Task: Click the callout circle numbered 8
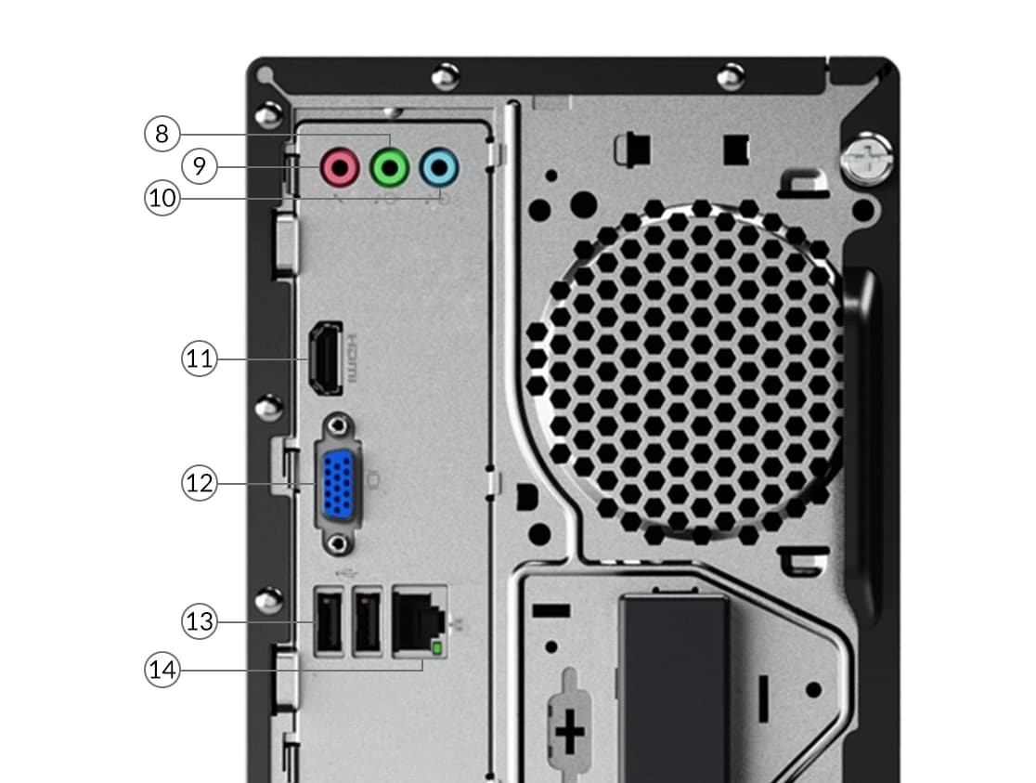pyautogui.click(x=162, y=134)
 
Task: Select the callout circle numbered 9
pyautogui.click(x=199, y=166)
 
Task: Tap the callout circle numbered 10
pyautogui.click(x=162, y=198)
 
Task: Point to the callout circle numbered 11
pyautogui.click(x=199, y=359)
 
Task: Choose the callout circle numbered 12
pyautogui.click(x=199, y=483)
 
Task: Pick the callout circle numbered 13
pyautogui.click(x=199, y=621)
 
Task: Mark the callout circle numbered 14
pyautogui.click(x=162, y=670)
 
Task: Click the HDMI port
pyautogui.click(x=325, y=359)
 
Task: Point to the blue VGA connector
pyautogui.click(x=338, y=483)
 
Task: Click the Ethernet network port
pyautogui.click(x=420, y=621)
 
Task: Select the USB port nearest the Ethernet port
pyautogui.click(x=368, y=621)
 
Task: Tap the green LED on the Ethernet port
pyautogui.click(x=436, y=648)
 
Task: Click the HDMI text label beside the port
pyautogui.click(x=352, y=358)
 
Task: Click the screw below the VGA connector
pyautogui.click(x=339, y=543)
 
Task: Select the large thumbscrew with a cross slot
pyautogui.click(x=867, y=159)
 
